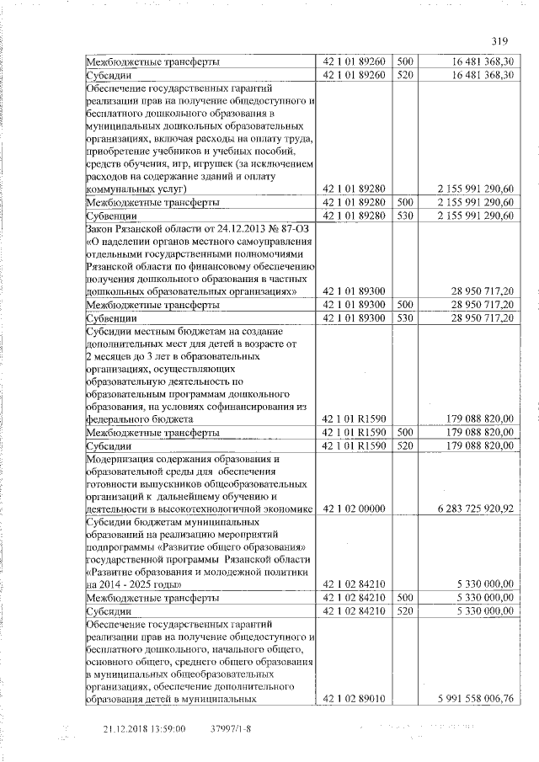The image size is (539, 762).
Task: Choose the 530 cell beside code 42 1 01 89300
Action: click(404, 317)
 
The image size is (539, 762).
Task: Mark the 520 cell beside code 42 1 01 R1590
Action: click(404, 445)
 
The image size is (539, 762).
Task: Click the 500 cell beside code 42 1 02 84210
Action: click(404, 597)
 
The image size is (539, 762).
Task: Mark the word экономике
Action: click(284, 509)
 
